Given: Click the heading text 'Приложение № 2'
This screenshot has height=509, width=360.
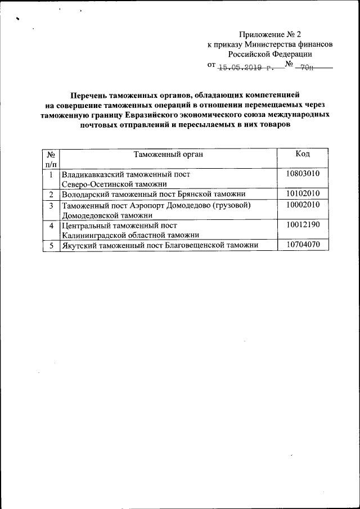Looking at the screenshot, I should [x=273, y=34].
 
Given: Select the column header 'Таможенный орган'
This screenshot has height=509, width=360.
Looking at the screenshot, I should [x=168, y=154].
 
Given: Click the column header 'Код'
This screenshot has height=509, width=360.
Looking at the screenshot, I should [x=303, y=154].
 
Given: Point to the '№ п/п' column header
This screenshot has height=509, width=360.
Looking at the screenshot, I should [x=51, y=158].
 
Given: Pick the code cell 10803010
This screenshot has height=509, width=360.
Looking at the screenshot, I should [x=303, y=174].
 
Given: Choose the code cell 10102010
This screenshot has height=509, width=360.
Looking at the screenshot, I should [x=303, y=194].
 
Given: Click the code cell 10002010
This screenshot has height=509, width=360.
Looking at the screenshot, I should [x=303, y=205].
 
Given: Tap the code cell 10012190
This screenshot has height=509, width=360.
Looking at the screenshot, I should [x=303, y=225].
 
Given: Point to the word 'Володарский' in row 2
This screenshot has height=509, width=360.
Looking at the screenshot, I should [x=84, y=194].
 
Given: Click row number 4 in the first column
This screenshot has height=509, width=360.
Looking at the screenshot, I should [x=51, y=226].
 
